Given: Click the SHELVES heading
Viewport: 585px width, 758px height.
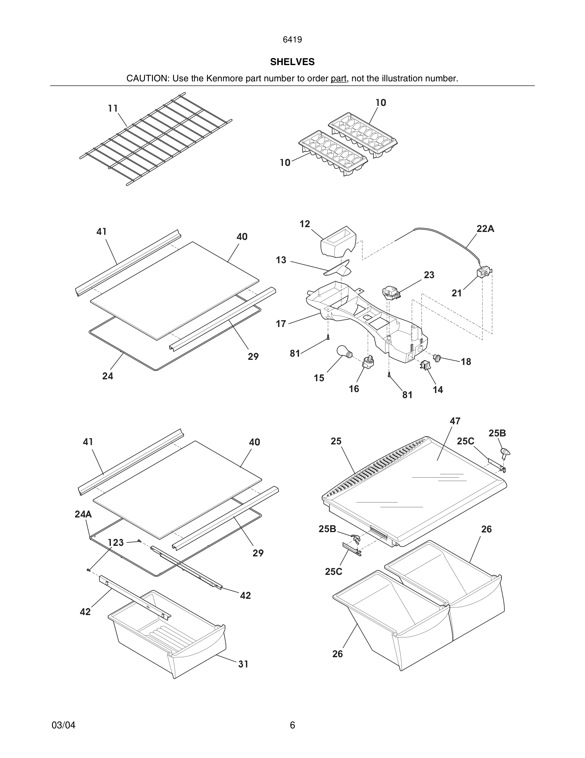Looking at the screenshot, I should pos(292,62).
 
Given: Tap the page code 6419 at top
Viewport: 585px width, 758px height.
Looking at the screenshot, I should pos(292,40).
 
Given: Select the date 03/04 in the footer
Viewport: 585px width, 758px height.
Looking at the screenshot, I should pos(63,725).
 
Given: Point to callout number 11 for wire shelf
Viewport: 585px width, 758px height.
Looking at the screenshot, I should pos(112,109).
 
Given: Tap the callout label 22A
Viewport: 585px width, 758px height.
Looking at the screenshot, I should pos(485,229).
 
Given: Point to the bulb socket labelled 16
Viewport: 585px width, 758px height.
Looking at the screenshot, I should pos(368,362).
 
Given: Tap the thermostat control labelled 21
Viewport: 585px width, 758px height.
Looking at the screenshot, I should pos(484,272).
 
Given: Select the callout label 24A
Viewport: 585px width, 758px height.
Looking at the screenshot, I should pos(83,514).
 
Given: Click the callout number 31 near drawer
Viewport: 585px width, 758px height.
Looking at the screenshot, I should pos(243,664).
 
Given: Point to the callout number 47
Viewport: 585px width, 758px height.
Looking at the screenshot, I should pos(455,421).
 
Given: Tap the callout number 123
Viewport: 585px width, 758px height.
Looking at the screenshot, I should pos(116,542).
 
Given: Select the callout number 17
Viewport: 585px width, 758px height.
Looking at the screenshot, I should pos(281,324).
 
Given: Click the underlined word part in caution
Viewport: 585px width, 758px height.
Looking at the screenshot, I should pos(338,78).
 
